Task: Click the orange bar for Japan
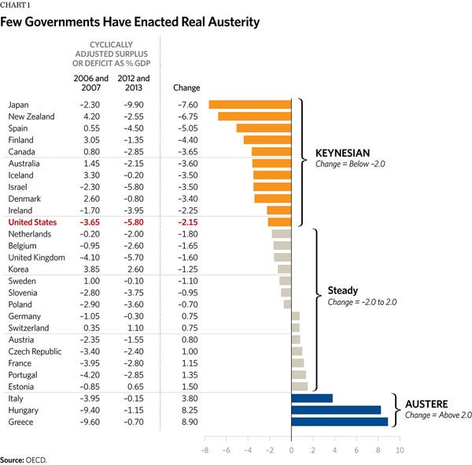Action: [x=249, y=105]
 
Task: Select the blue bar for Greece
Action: [x=339, y=422]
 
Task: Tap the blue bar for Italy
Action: [x=312, y=398]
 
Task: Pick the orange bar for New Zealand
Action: [x=254, y=117]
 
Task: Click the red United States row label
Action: [x=32, y=222]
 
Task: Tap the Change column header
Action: [x=186, y=87]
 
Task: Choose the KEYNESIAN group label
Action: [x=342, y=153]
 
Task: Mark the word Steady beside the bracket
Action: [x=342, y=291]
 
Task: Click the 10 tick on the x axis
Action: [x=400, y=450]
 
